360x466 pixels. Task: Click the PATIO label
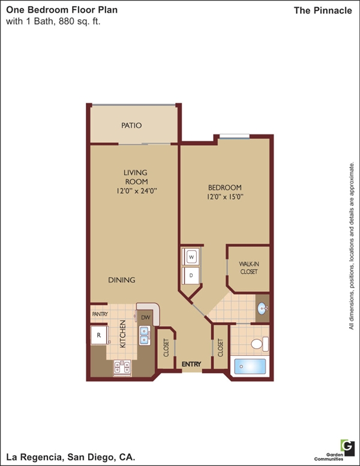point(131,126)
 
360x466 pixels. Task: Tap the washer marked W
point(191,257)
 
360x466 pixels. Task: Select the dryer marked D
point(191,276)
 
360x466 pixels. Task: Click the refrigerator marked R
point(99,335)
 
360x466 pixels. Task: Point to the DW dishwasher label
point(146,318)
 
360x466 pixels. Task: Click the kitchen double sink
point(145,336)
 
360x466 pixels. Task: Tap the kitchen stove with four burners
point(122,368)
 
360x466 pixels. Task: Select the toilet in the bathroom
point(260,344)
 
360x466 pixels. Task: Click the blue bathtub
point(250,367)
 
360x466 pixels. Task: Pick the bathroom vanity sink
point(263,309)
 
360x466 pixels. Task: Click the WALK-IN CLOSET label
point(249,268)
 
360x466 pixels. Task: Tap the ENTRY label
point(191,364)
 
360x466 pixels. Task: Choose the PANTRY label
point(100,314)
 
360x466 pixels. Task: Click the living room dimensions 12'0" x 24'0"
point(137,191)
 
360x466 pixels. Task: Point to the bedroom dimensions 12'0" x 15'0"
point(225,197)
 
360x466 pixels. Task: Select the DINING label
point(121,280)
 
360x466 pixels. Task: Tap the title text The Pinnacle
point(323,11)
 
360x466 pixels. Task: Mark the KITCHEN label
point(122,334)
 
